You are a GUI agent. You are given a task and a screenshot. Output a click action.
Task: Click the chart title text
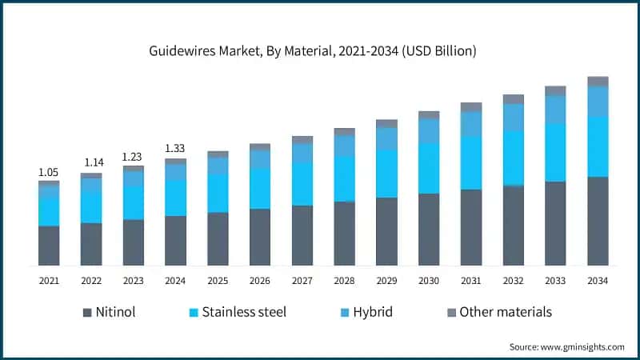click(x=312, y=51)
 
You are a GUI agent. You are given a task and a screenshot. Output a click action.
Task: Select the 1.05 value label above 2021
click(x=48, y=172)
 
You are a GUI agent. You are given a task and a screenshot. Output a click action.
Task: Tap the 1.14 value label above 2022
click(x=94, y=162)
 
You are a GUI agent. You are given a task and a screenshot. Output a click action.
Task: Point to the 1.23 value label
click(x=132, y=157)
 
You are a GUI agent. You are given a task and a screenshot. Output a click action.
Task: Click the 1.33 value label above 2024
click(x=174, y=148)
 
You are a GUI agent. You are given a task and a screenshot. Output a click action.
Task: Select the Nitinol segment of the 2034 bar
click(x=598, y=222)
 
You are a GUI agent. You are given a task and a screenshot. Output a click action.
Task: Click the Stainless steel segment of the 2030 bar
click(x=429, y=168)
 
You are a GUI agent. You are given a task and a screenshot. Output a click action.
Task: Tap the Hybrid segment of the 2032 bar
click(x=514, y=118)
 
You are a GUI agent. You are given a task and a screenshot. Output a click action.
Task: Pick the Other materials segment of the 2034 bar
click(x=598, y=82)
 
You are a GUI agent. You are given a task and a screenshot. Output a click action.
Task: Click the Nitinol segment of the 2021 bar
click(x=49, y=246)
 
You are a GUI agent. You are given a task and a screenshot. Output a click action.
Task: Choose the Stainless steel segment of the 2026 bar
click(x=260, y=189)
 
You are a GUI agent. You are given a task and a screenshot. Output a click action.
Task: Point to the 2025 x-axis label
click(x=218, y=281)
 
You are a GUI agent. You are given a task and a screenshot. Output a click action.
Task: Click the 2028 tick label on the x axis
click(x=344, y=281)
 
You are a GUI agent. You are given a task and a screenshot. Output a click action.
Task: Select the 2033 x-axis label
click(x=555, y=281)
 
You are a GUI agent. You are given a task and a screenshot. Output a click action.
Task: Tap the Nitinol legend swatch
click(x=87, y=313)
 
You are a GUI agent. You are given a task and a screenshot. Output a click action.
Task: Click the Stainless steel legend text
click(x=244, y=312)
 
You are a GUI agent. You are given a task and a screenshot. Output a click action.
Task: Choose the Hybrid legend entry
click(x=366, y=312)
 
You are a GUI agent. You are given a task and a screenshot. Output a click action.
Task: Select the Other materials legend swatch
click(x=451, y=313)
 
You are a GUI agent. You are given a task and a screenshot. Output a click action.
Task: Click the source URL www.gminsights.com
click(x=582, y=347)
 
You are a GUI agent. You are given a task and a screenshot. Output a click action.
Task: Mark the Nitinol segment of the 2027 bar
click(x=302, y=235)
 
